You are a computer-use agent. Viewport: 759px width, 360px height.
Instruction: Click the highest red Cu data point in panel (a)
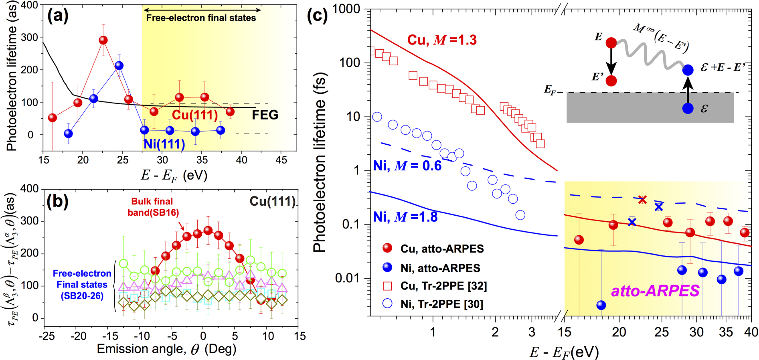[x=103, y=40]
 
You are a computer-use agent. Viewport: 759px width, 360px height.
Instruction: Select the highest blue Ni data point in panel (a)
[x=119, y=65]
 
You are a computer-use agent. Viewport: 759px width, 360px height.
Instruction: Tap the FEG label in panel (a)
[x=265, y=115]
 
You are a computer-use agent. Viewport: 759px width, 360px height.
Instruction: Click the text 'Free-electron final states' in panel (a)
[x=201, y=18]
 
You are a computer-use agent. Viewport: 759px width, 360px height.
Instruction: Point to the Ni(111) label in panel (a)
[x=164, y=144]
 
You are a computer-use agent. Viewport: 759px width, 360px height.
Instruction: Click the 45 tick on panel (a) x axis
[x=281, y=160]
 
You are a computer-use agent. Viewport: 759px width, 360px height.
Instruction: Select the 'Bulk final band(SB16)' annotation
[x=153, y=207]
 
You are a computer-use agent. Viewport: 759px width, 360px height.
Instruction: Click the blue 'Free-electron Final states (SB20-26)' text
[x=82, y=285]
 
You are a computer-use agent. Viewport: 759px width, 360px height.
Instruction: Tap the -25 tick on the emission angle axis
[x=47, y=336]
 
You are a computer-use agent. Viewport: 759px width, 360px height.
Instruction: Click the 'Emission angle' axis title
[x=166, y=349]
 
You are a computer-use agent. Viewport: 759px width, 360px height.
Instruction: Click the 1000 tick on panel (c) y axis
[x=345, y=9]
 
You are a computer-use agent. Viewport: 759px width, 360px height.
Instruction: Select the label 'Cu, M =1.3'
[x=442, y=40]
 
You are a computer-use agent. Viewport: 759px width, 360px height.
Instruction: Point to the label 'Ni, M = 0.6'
[x=407, y=166]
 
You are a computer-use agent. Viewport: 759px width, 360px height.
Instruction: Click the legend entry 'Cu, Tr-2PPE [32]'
[x=443, y=286]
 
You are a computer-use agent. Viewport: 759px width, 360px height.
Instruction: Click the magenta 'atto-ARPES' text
[x=655, y=291]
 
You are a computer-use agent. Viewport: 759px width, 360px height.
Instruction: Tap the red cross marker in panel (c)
[x=642, y=200]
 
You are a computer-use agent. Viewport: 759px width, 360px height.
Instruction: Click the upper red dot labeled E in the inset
[x=611, y=43]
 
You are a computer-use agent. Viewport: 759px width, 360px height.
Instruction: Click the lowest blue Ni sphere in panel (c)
[x=601, y=305]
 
